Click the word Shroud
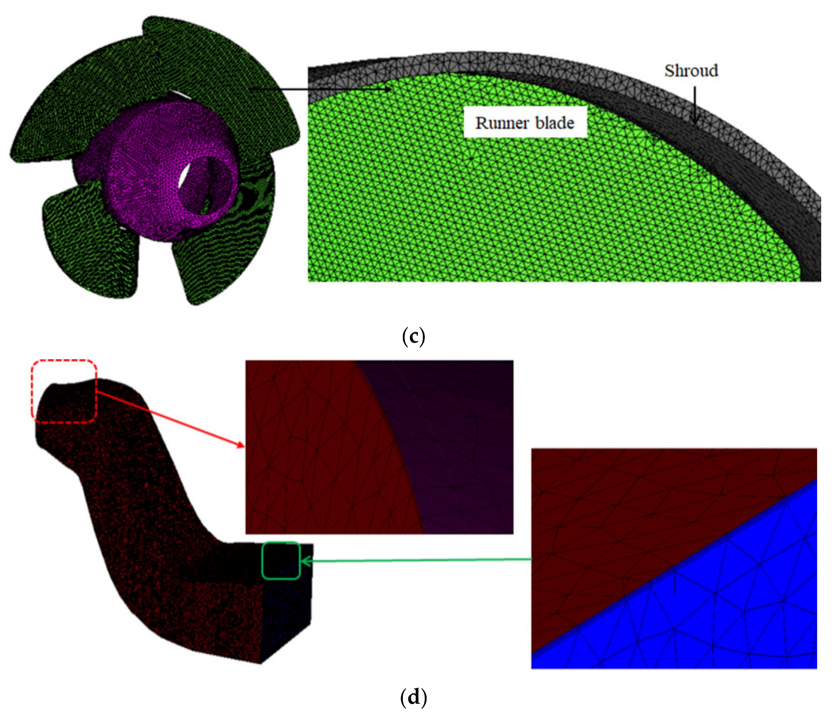(x=691, y=71)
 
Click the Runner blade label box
(x=525, y=123)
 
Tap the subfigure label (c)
(x=413, y=336)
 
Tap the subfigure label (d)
(x=413, y=697)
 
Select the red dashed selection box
(x=65, y=391)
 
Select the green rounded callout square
(x=281, y=560)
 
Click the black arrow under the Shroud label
(x=694, y=104)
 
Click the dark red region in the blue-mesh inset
(x=624, y=499)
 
